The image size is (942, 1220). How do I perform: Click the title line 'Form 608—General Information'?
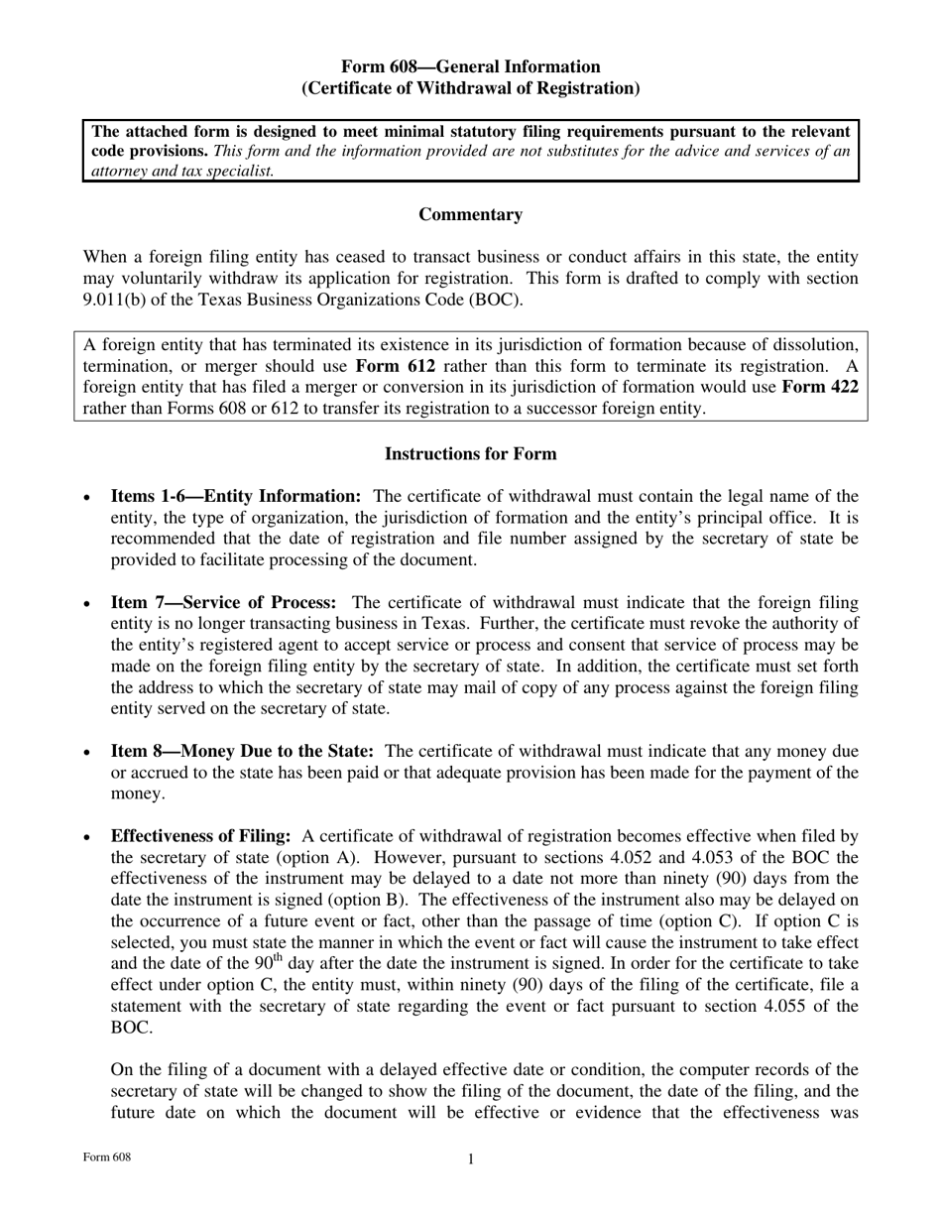[470, 66]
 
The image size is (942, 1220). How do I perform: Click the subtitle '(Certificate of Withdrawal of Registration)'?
[470, 88]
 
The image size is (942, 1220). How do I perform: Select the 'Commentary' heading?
[470, 214]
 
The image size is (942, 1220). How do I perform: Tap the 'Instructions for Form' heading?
[470, 453]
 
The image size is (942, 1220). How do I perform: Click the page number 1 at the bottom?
[470, 1159]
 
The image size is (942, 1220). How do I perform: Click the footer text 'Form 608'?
[107, 1158]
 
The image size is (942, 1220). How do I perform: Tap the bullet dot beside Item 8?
[89, 754]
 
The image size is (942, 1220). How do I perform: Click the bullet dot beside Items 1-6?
[89, 498]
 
